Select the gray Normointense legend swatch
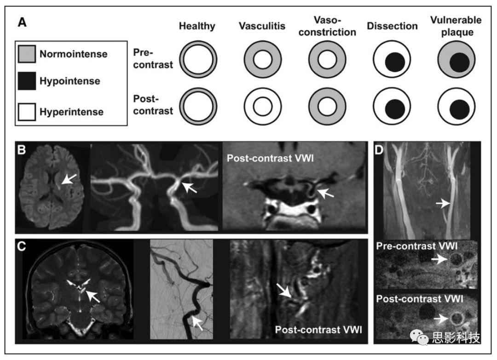[29, 54]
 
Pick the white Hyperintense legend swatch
[29, 111]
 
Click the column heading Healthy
[197, 26]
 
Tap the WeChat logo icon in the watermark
[422, 339]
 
